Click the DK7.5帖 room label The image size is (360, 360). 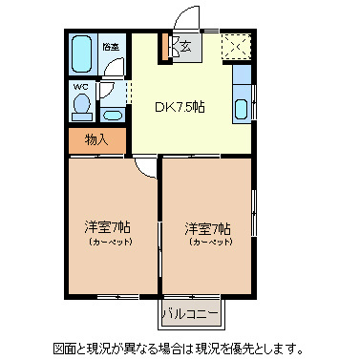(x=180, y=107)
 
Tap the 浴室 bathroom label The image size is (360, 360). (x=112, y=46)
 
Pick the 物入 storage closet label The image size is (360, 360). (x=96, y=139)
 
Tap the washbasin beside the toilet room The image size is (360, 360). (x=112, y=114)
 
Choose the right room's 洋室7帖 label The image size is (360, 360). (x=208, y=227)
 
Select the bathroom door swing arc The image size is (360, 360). (x=115, y=72)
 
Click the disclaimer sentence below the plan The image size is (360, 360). (x=179, y=348)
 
